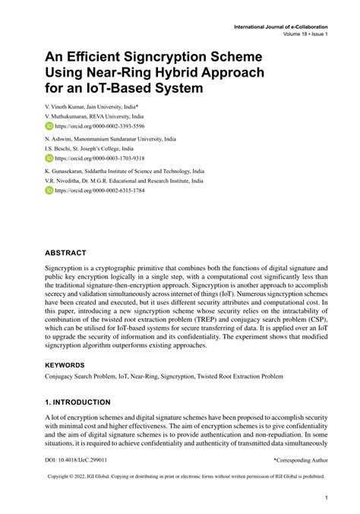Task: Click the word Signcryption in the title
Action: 188,57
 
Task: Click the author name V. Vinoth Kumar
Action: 68,107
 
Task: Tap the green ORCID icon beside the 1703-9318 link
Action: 49,159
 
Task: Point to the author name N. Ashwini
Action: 62,140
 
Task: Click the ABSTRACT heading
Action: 65,252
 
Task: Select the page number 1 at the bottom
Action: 325,498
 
